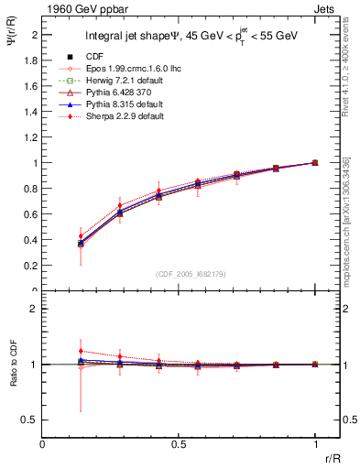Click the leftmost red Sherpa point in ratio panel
pyautogui.click(x=81, y=351)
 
